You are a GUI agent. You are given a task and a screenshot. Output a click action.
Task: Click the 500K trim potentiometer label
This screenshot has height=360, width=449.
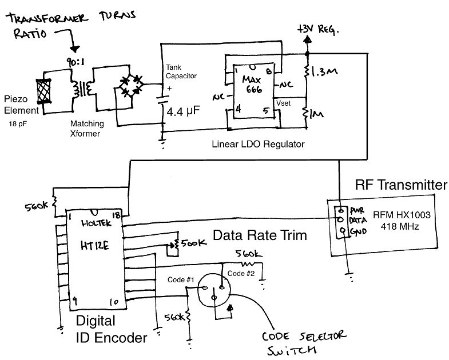point(193,243)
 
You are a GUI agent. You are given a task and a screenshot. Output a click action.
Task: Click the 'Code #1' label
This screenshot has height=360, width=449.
point(181,279)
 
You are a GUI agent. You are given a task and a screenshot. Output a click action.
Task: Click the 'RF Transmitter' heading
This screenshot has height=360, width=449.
point(400,185)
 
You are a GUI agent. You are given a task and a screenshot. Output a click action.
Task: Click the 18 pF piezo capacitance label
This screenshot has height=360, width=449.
point(19,123)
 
